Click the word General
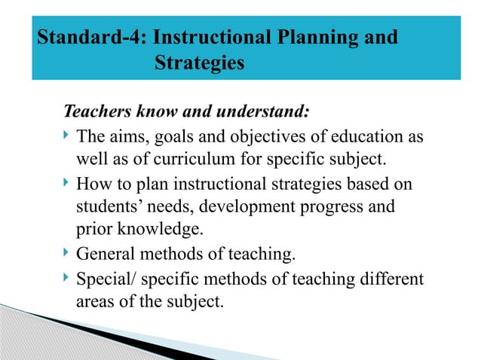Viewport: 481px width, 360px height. click(107, 254)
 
